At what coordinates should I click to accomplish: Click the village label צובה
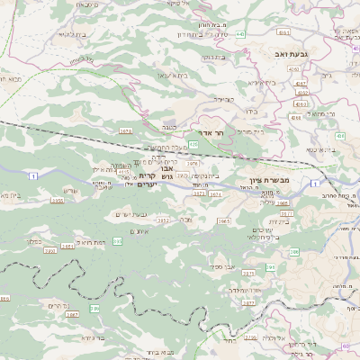point(185,219)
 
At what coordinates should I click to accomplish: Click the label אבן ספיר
point(223,266)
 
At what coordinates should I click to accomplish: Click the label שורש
point(73,190)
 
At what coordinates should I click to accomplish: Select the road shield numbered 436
point(340,135)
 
